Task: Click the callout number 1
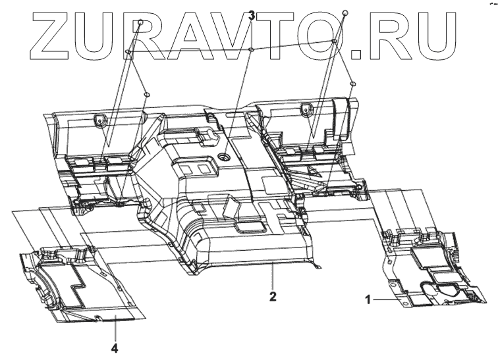369,298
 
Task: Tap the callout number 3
251,14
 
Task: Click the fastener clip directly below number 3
251,49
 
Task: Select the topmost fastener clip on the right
345,13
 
